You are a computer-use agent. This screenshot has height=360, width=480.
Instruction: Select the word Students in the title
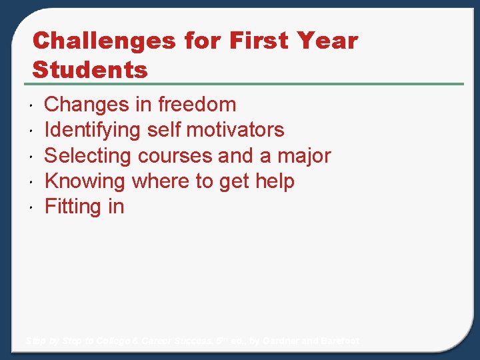90,69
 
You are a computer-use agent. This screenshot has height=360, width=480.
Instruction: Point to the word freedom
197,105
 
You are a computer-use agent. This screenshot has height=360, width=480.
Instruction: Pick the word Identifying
93,130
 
